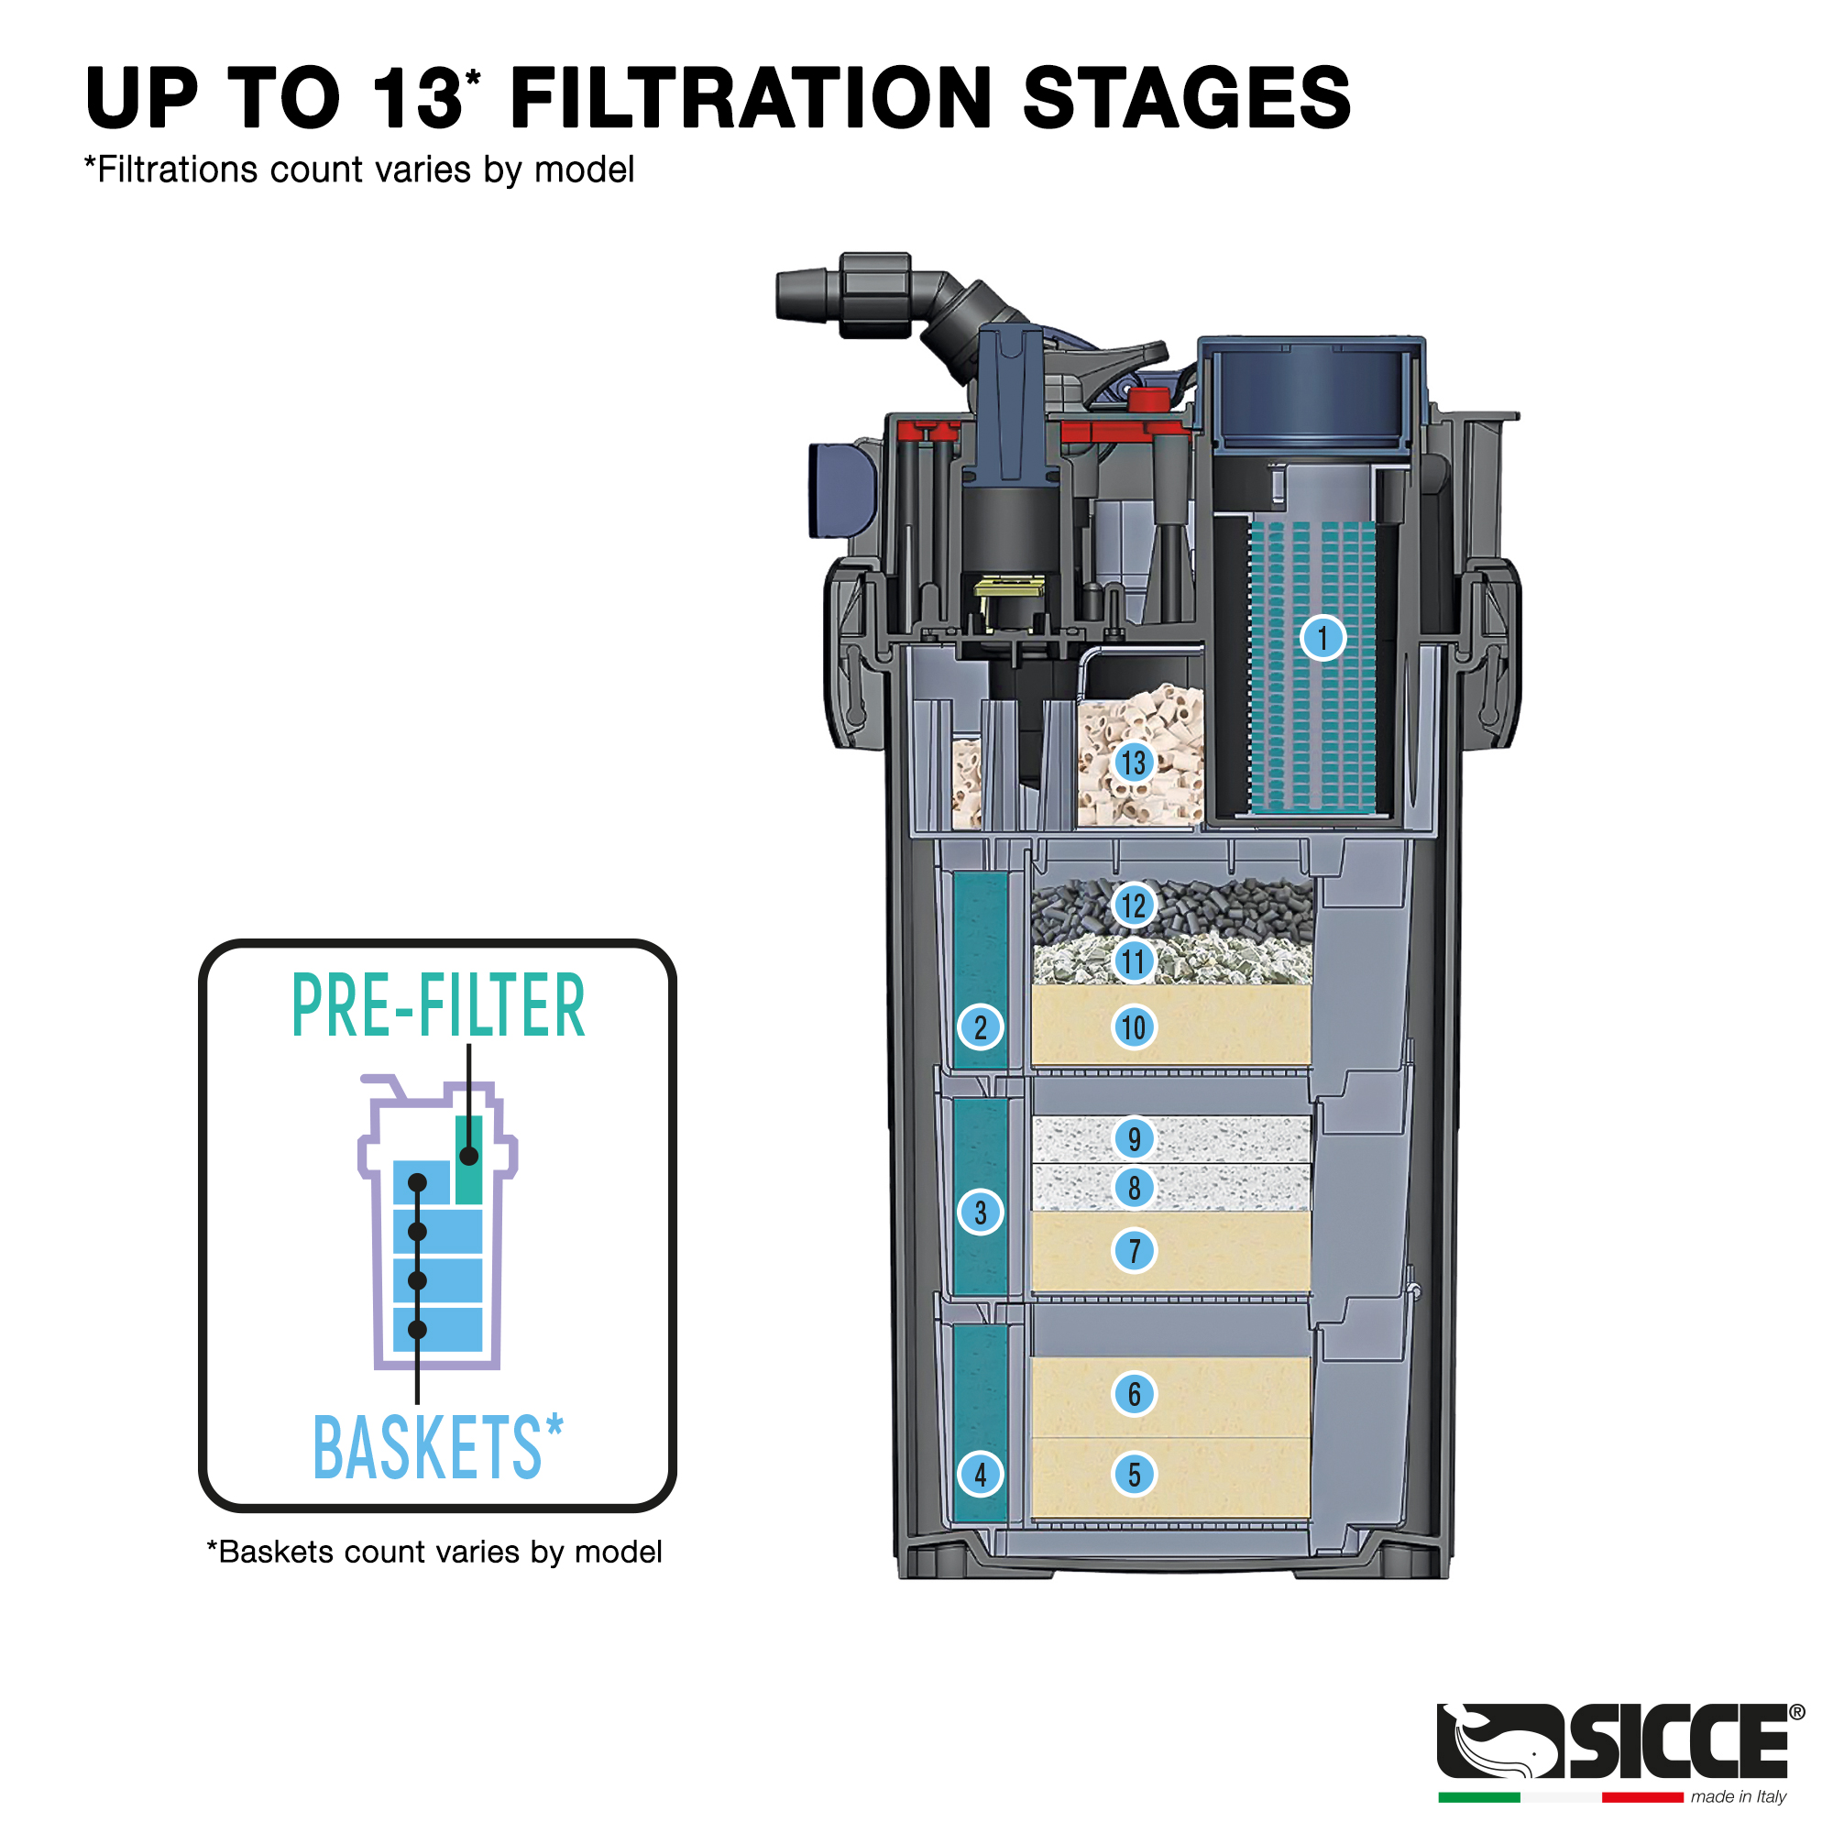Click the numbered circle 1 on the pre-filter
tap(1323, 637)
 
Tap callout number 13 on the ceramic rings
tap(1133, 762)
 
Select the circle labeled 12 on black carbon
tap(1134, 906)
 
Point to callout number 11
tap(1134, 961)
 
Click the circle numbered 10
tap(1134, 1026)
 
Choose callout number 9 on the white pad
tap(1134, 1138)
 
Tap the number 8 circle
tap(1134, 1188)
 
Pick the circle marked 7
tap(1134, 1250)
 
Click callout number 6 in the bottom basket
tap(1134, 1394)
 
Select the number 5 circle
tap(1134, 1475)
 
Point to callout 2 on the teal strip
tap(980, 1026)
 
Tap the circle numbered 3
tap(980, 1212)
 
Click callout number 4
tap(980, 1475)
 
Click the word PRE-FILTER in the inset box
tap(438, 1005)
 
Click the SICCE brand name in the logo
tap(1678, 1741)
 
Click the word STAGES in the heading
tap(1187, 98)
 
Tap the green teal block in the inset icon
tap(468, 1159)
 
